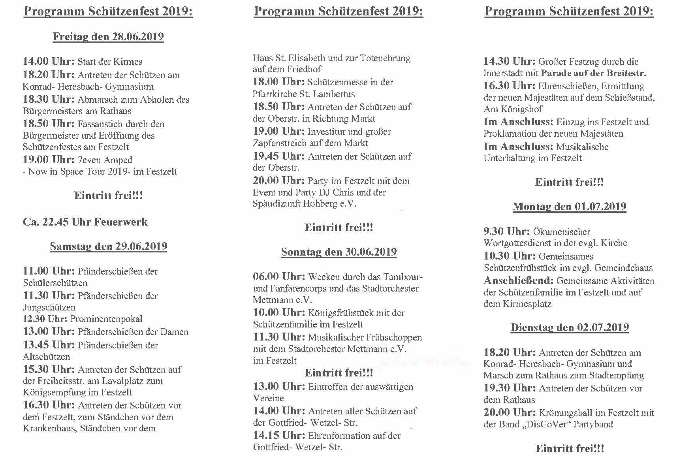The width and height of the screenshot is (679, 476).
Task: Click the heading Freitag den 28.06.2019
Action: [x=108, y=37]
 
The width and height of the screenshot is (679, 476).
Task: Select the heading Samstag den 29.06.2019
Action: [x=108, y=246]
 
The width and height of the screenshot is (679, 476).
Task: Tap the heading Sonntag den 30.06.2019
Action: [x=339, y=252]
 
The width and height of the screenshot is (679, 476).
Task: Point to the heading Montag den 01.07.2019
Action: [x=569, y=207]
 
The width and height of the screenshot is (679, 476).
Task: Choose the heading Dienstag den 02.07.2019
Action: [x=569, y=327]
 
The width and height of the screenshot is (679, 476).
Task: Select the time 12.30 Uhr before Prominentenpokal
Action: [x=45, y=319]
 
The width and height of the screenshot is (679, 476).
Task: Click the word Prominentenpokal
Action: [x=106, y=319]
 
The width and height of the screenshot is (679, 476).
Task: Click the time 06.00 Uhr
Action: [x=279, y=277]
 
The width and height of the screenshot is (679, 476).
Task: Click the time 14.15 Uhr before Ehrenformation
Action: [x=279, y=436]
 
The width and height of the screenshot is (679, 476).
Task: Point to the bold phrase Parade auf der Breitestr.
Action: [x=593, y=73]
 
